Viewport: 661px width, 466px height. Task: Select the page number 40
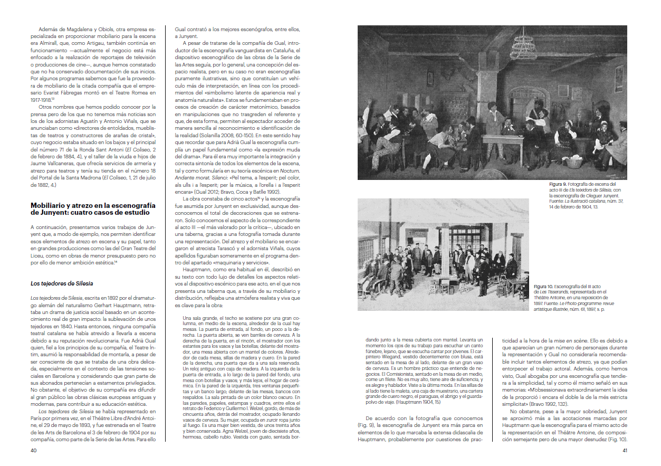coord(33,450)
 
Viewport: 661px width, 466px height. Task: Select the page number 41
coord(625,450)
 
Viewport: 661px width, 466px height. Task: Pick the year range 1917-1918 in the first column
coord(42,99)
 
